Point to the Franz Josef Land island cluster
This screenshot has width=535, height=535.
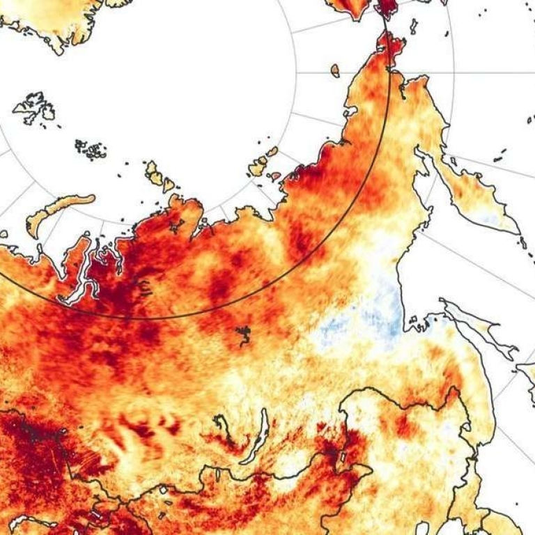[91, 148]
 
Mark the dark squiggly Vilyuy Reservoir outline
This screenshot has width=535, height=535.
[244, 335]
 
